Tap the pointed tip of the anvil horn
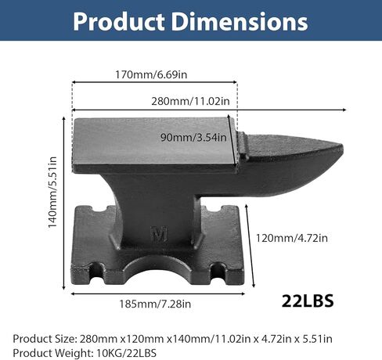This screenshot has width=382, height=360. pyautogui.click(x=341, y=148)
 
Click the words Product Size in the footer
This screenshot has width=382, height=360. pyautogui.click(x=43, y=338)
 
